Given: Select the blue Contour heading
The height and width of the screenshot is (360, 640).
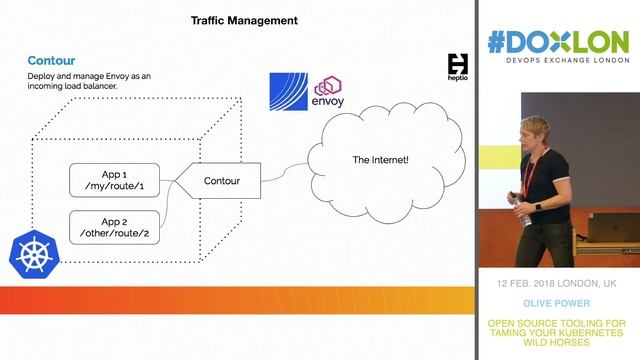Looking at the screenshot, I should point(51,61).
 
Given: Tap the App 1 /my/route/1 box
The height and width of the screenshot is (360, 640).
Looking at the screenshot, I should point(114,180).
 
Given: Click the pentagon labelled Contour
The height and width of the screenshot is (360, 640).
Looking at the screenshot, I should point(220,181).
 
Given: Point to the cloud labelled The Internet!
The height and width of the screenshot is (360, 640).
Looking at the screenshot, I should point(380,160).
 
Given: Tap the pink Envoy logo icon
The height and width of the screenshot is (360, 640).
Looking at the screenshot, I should point(329,89).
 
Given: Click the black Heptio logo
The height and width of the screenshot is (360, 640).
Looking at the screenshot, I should point(458,66).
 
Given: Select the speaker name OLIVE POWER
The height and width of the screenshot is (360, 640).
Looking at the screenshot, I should point(557,303).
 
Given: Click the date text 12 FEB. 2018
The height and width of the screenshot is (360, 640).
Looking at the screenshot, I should point(527,284).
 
